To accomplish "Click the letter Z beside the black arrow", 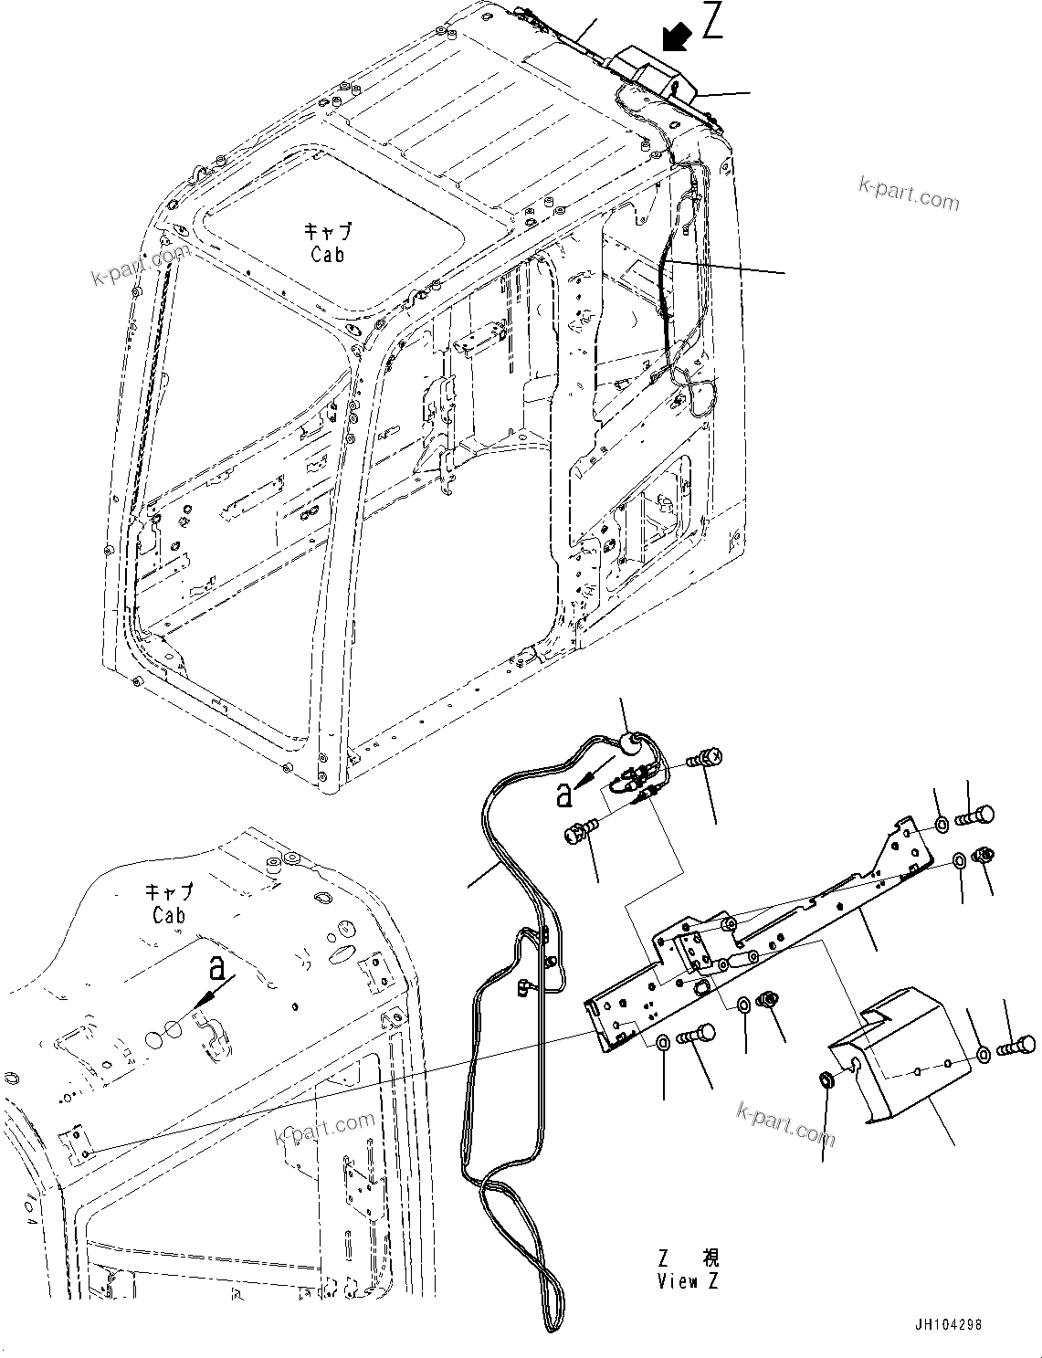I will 711,21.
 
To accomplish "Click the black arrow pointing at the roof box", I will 677,38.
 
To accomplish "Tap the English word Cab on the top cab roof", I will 327,256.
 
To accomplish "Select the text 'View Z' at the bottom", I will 688,1281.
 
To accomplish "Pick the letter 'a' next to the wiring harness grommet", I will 565,795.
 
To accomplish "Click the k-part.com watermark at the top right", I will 909,193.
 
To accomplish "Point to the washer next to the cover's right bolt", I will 984,1055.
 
